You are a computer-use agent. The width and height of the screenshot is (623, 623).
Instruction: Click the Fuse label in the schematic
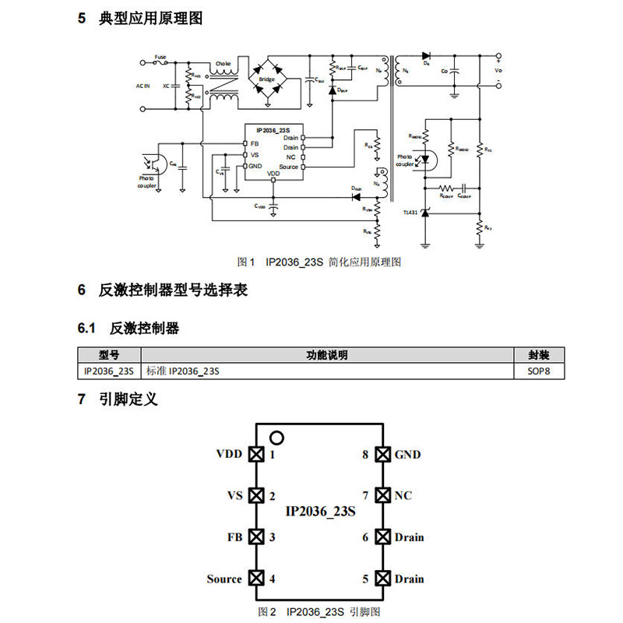(160, 57)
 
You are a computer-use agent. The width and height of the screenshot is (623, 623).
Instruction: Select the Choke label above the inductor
(223, 63)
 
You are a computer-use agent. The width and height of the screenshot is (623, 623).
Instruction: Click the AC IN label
(143, 85)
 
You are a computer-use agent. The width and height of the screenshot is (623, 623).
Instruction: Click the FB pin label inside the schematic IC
(255, 144)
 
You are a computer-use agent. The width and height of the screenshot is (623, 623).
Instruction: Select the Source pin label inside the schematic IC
(288, 167)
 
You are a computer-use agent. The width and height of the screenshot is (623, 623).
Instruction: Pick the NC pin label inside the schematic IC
(291, 157)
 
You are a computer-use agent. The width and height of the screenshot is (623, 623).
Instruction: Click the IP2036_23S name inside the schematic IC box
(273, 129)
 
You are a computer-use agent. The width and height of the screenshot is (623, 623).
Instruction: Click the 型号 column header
(108, 355)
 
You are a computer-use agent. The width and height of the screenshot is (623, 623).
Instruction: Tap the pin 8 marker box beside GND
(382, 455)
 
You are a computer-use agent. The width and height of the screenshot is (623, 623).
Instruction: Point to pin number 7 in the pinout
(365, 495)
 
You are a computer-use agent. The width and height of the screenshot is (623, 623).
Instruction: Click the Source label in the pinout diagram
(224, 579)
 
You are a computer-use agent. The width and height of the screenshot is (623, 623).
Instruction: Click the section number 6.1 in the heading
(86, 328)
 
